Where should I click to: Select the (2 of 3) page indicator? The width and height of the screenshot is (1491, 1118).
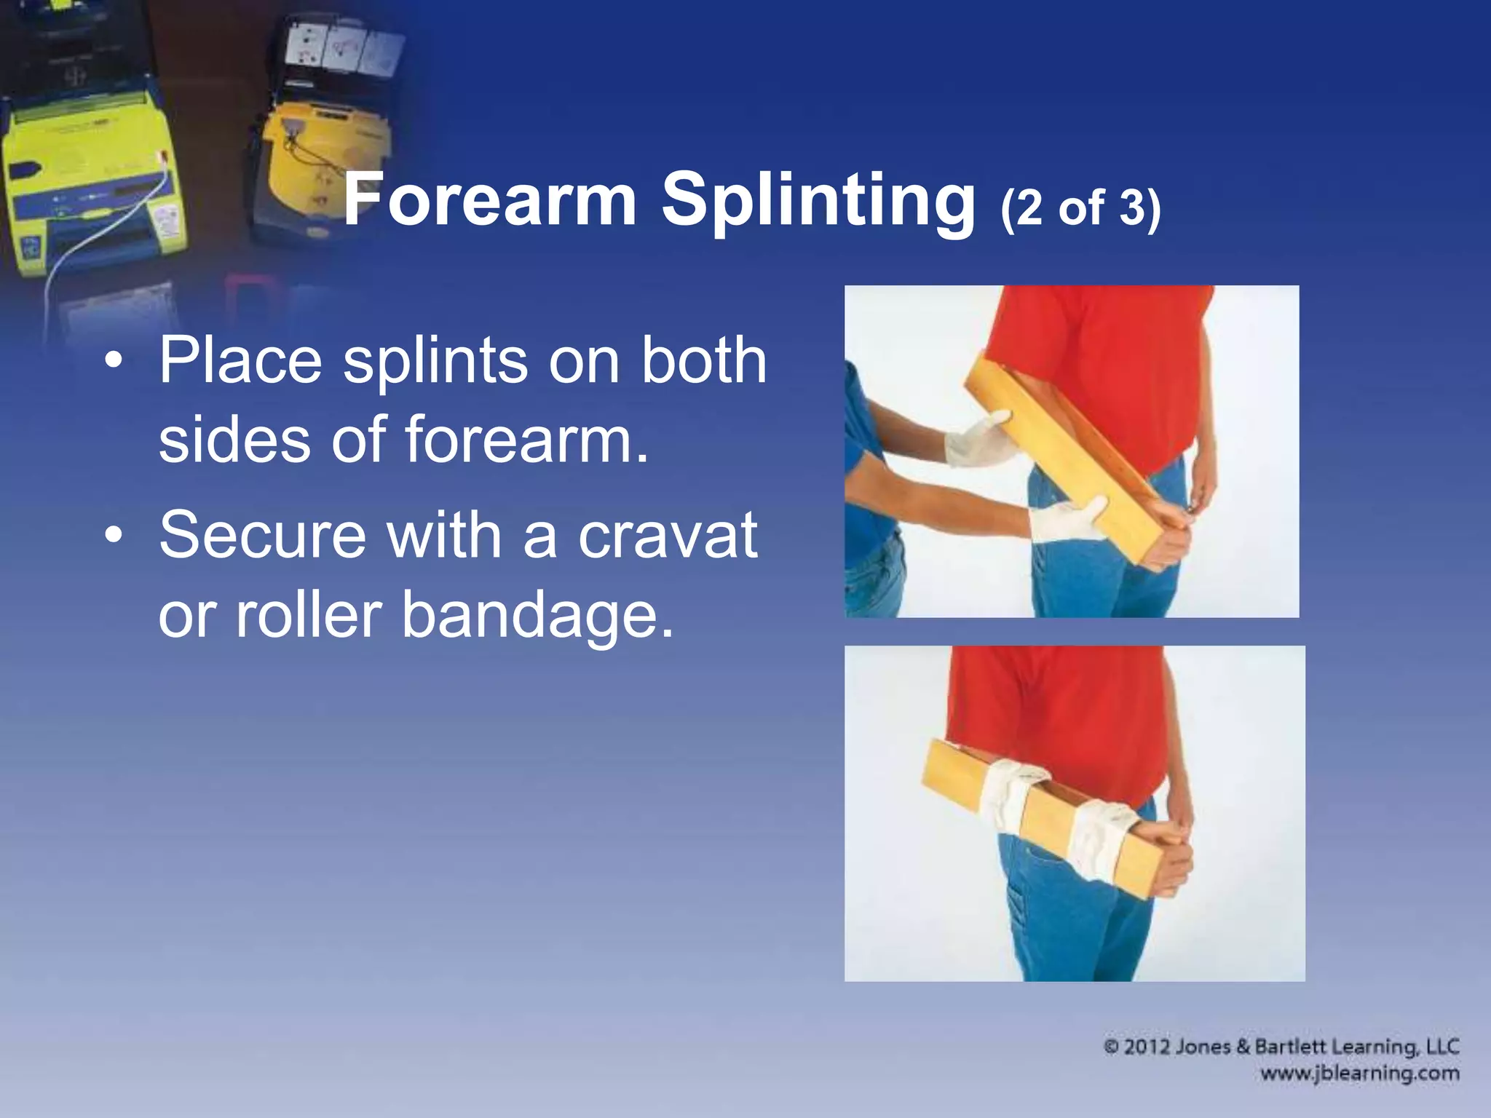pos(1080,208)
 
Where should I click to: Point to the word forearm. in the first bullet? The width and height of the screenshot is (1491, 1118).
pos(526,440)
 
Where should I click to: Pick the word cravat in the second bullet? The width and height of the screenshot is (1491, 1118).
pos(668,535)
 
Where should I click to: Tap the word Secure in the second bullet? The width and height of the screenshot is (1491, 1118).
pos(262,535)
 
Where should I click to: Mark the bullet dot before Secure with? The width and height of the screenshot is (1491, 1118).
pos(113,536)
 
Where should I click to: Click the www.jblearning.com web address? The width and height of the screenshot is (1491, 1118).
pos(1359,1074)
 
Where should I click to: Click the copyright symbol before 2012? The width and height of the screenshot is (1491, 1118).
pos(1111,1047)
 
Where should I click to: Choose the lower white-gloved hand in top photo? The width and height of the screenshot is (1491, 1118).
pos(1067,518)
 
